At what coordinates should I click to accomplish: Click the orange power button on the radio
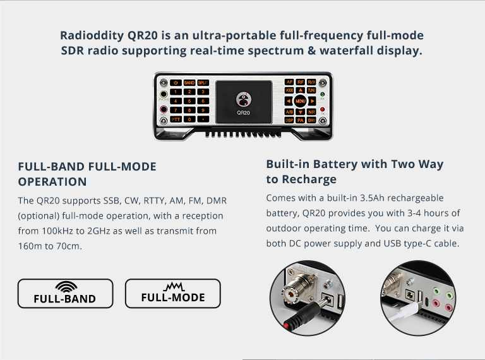click(x=176, y=83)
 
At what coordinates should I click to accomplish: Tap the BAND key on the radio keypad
click(x=189, y=83)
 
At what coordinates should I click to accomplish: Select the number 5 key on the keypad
click(x=189, y=101)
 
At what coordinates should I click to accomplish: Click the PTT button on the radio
click(x=176, y=119)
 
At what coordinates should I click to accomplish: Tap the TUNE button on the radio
click(x=311, y=90)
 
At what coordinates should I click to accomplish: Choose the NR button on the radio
click(x=311, y=112)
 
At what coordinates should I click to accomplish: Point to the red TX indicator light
click(x=322, y=109)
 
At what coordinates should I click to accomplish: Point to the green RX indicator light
click(x=322, y=94)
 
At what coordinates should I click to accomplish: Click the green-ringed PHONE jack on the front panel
click(x=164, y=94)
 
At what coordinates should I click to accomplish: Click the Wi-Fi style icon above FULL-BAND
click(x=66, y=287)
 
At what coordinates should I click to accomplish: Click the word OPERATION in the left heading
click(x=52, y=181)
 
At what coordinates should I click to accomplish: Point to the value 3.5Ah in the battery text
click(x=373, y=198)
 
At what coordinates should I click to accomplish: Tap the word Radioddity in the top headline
click(x=92, y=35)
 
